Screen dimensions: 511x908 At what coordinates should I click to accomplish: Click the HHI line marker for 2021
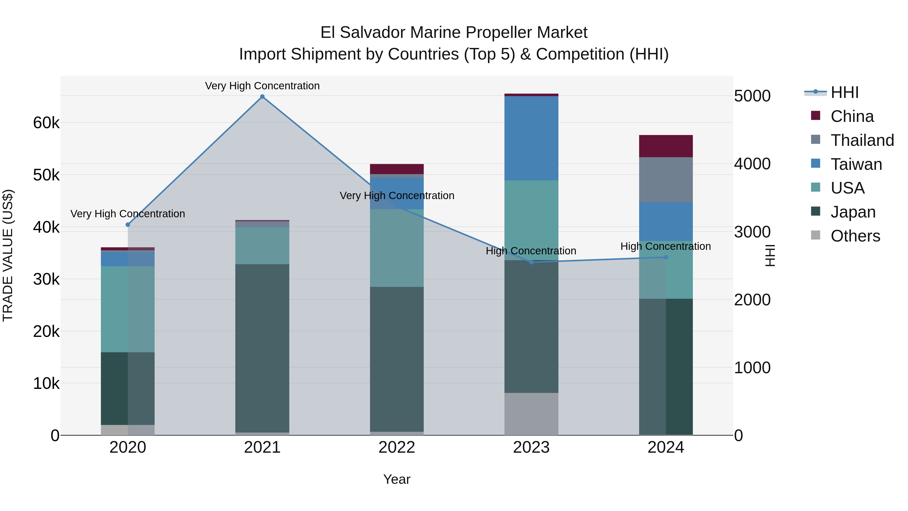tap(262, 97)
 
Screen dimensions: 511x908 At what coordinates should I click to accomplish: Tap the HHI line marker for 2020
tap(128, 225)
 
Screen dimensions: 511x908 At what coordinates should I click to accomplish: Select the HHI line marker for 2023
tap(531, 262)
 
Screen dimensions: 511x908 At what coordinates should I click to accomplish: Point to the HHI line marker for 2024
tap(666, 257)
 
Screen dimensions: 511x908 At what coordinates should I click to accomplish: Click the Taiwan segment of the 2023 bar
tap(531, 138)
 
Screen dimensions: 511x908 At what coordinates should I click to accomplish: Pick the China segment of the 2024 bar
tap(666, 146)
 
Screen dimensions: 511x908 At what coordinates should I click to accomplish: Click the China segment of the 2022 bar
tap(397, 169)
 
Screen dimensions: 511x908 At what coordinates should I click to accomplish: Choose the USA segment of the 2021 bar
tap(262, 246)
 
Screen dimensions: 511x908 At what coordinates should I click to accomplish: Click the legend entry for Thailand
tap(862, 140)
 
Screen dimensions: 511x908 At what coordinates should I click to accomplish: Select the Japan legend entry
tap(853, 212)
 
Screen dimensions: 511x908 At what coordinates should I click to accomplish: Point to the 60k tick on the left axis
tap(46, 123)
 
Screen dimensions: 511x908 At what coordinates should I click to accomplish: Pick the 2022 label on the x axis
tap(397, 447)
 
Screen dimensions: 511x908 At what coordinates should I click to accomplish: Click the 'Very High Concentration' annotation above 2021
tap(262, 86)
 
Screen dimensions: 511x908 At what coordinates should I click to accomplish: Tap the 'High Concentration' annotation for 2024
tap(666, 246)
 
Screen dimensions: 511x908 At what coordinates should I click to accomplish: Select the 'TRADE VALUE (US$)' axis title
tap(8, 255)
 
